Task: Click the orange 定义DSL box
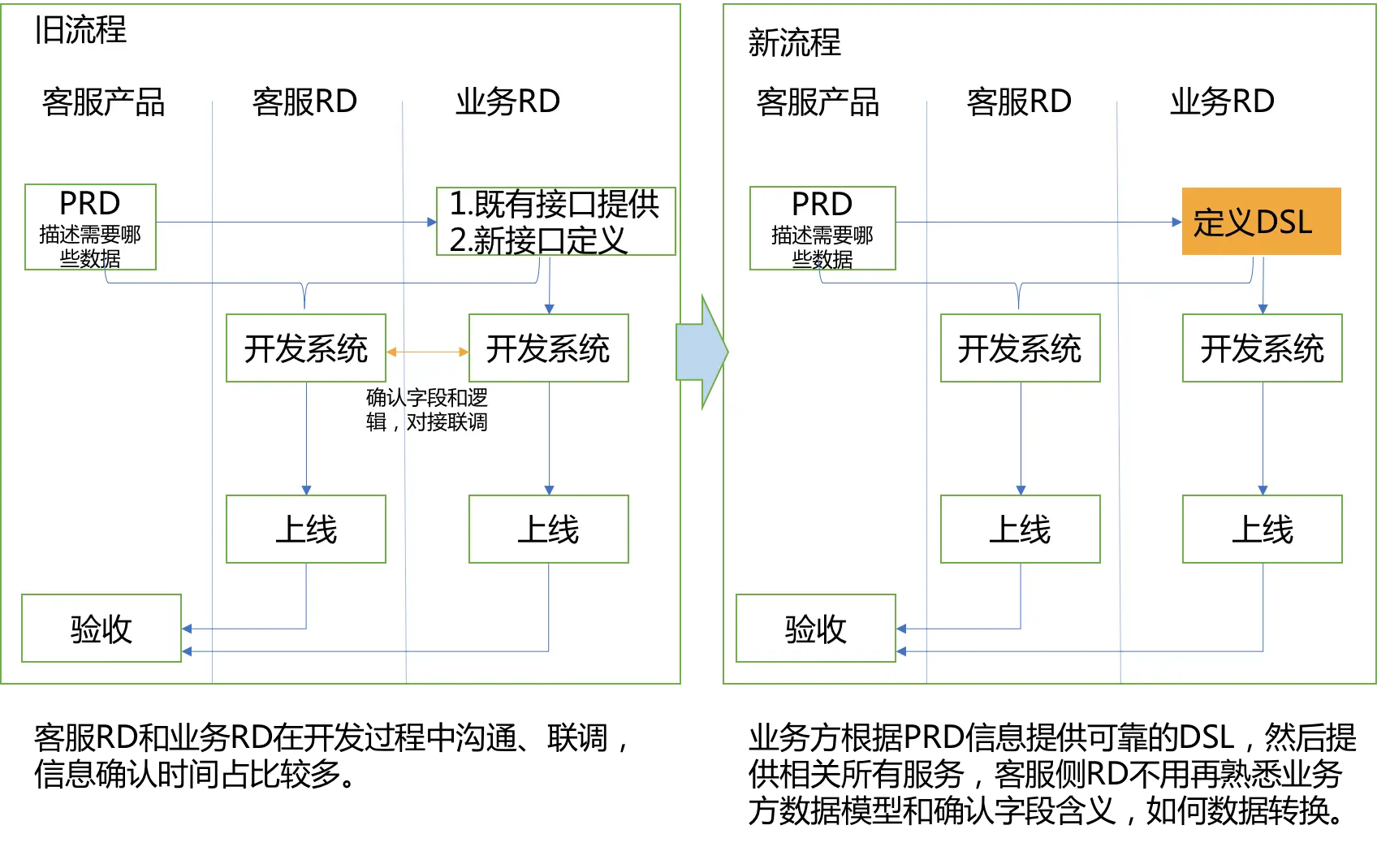click(x=1261, y=222)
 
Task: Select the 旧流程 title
click(x=80, y=31)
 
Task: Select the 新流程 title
click(x=794, y=43)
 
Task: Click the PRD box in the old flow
click(x=90, y=227)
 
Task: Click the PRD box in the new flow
click(x=822, y=228)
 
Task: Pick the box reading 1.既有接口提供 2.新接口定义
click(x=555, y=222)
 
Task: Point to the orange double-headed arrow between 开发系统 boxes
click(x=427, y=352)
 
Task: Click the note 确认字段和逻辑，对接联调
click(x=426, y=410)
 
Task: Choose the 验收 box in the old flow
click(x=101, y=629)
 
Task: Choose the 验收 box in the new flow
click(x=816, y=629)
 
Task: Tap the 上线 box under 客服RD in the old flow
click(x=306, y=529)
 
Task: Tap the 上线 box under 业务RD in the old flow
click(x=549, y=529)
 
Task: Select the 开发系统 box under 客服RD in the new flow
click(x=1020, y=348)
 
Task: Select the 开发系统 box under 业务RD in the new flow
click(x=1262, y=348)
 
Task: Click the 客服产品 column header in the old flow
click(x=103, y=102)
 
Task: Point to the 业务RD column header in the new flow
click(x=1222, y=102)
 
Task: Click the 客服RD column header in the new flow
click(x=1019, y=102)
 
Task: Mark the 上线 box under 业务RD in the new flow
click(x=1262, y=529)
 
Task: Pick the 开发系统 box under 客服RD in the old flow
click(x=306, y=348)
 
